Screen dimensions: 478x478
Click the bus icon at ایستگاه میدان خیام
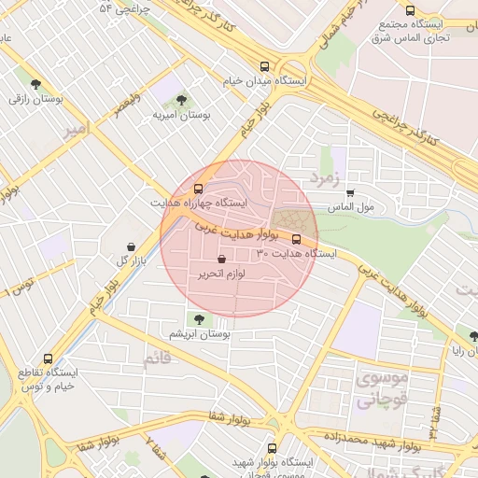coord(265,67)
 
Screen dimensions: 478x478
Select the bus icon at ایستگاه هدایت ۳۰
coord(297,238)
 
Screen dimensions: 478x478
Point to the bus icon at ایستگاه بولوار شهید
coord(273,449)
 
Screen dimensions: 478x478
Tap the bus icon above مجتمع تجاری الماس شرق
coord(410,10)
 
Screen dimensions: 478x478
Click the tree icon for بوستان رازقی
coord(36,83)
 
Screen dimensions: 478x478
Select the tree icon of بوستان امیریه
coord(180,99)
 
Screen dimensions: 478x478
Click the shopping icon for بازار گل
coord(131,246)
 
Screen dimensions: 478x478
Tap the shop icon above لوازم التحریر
coord(221,260)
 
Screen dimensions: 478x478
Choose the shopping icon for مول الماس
coord(350,192)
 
